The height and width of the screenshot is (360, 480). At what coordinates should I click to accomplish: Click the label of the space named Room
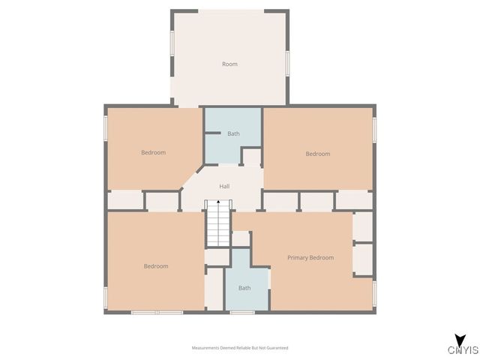229,64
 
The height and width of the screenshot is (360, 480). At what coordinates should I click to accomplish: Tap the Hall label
224,186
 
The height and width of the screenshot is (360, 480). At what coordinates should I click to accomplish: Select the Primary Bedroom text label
310,257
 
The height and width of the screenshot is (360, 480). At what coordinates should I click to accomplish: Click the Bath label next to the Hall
234,133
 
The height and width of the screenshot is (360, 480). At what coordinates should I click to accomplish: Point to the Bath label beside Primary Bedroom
244,287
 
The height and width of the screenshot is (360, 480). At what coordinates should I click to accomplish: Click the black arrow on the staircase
217,202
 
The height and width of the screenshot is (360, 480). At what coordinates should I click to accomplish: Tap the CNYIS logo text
463,349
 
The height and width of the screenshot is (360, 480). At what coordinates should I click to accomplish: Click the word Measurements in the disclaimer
205,348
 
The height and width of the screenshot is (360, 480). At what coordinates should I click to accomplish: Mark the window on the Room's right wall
288,62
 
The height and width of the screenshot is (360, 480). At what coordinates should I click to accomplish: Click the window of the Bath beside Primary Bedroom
241,311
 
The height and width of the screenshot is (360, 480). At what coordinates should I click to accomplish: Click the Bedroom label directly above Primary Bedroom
317,154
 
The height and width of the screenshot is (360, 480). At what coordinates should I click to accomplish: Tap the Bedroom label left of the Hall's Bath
153,152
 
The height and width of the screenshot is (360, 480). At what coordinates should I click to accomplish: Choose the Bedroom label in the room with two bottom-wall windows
156,266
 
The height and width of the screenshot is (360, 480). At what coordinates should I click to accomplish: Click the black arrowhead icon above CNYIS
458,339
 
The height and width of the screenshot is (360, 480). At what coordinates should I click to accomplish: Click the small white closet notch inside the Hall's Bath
251,157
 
